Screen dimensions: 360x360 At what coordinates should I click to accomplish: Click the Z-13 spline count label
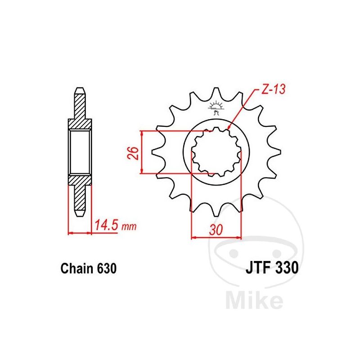[273, 89]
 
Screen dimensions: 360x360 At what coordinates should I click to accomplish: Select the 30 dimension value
[216, 229]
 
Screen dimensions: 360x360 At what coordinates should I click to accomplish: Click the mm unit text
[129, 227]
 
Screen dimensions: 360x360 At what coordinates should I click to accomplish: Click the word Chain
[77, 268]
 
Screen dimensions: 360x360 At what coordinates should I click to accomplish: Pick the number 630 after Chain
[107, 268]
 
